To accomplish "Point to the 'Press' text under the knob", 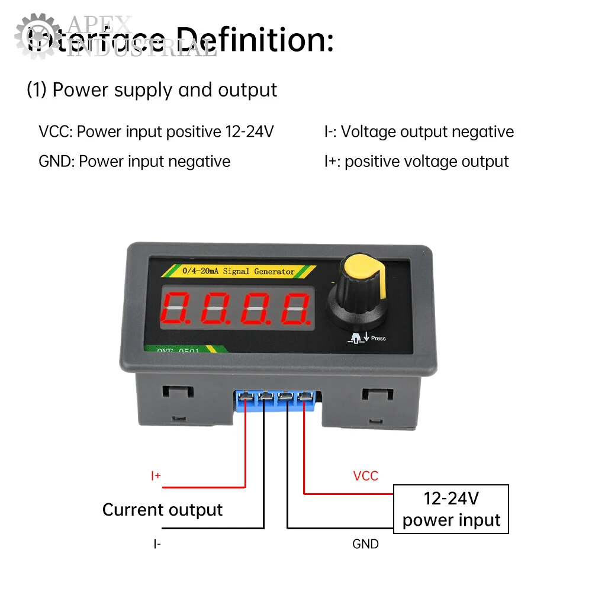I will (x=378, y=339).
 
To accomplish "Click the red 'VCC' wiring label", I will (x=365, y=476).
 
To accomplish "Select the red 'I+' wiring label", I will (x=156, y=476).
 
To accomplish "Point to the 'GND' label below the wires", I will (x=365, y=543).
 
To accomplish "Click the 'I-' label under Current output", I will (x=156, y=543).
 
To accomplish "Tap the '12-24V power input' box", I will (x=451, y=509).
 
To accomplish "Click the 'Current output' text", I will (x=162, y=510).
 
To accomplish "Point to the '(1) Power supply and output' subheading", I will (x=152, y=90).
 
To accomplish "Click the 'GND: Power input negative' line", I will (x=134, y=161).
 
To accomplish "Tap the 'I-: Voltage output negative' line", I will (x=419, y=131).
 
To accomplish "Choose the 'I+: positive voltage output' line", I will (x=416, y=161).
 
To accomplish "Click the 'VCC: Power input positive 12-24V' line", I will (x=156, y=131).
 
